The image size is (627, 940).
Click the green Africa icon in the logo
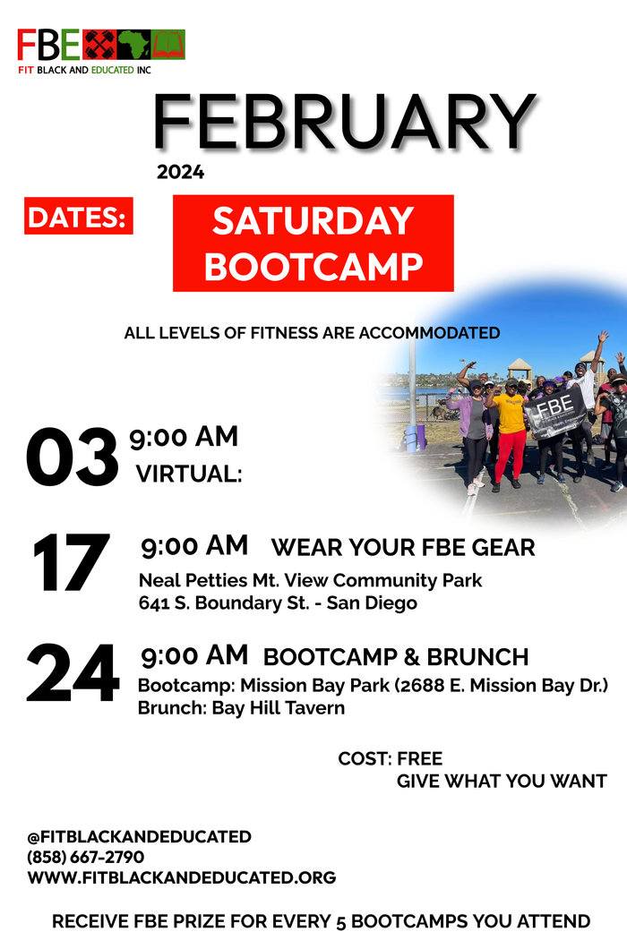pyautogui.click(x=133, y=45)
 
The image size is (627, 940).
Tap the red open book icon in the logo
pyautogui.click(x=168, y=45)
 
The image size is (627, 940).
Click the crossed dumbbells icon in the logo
pyautogui.click(x=99, y=45)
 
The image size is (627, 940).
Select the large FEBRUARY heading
pyautogui.click(x=344, y=122)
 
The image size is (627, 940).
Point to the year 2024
pyautogui.click(x=181, y=173)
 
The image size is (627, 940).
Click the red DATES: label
pyautogui.click(x=79, y=216)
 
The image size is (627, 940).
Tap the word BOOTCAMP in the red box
pyautogui.click(x=313, y=266)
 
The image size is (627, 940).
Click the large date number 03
pyautogui.click(x=72, y=457)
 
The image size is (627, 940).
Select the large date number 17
pyautogui.click(x=71, y=561)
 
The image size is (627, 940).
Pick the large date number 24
pyautogui.click(x=73, y=672)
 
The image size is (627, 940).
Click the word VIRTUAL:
pyautogui.click(x=189, y=474)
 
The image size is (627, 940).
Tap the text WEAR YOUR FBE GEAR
pyautogui.click(x=402, y=547)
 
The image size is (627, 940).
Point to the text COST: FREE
pyautogui.click(x=390, y=758)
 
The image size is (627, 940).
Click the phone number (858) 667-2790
pyautogui.click(x=86, y=857)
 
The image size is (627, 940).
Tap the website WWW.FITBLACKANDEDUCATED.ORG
pyautogui.click(x=182, y=877)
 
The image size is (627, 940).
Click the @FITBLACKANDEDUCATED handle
pyautogui.click(x=139, y=836)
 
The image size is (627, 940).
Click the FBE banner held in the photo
pyautogui.click(x=555, y=412)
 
